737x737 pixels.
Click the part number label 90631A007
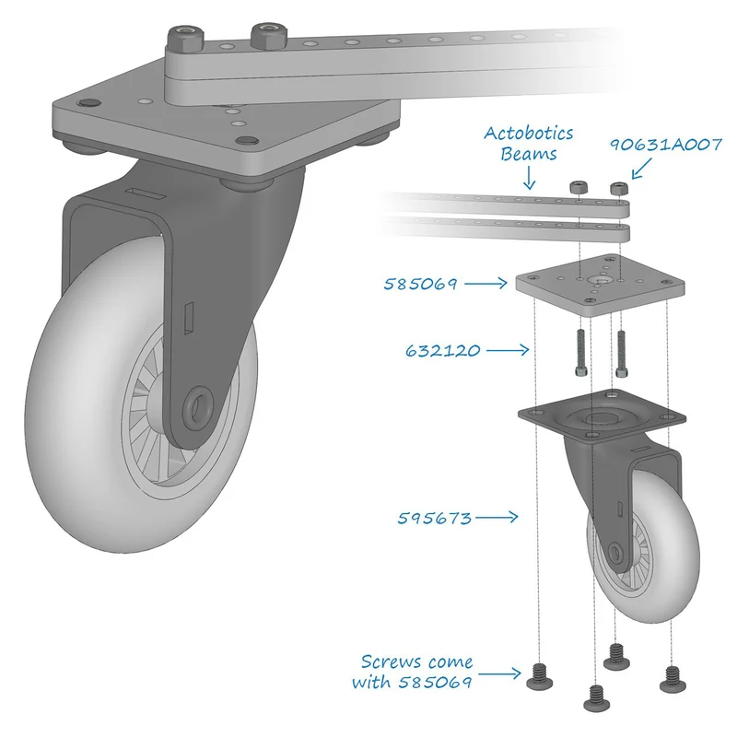(x=665, y=145)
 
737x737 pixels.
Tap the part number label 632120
(x=443, y=351)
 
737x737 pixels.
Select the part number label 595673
(x=435, y=518)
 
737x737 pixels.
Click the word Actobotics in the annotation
(x=528, y=134)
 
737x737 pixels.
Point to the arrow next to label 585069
(x=485, y=284)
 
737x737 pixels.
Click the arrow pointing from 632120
(x=508, y=350)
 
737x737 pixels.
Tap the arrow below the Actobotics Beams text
(x=529, y=178)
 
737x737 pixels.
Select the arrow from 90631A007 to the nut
(x=642, y=169)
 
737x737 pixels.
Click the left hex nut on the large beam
(x=186, y=38)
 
